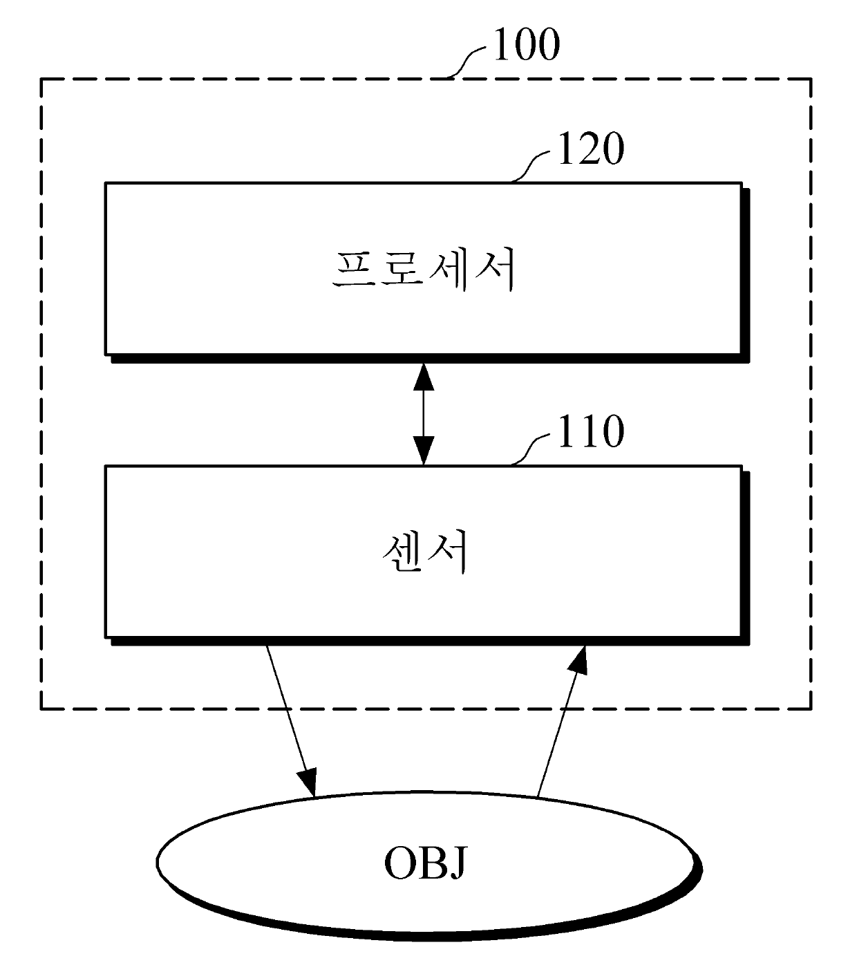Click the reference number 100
(x=525, y=46)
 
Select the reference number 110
(x=590, y=431)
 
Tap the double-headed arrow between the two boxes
(x=424, y=415)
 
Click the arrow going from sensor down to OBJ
(x=290, y=719)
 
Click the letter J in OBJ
(x=457, y=864)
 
